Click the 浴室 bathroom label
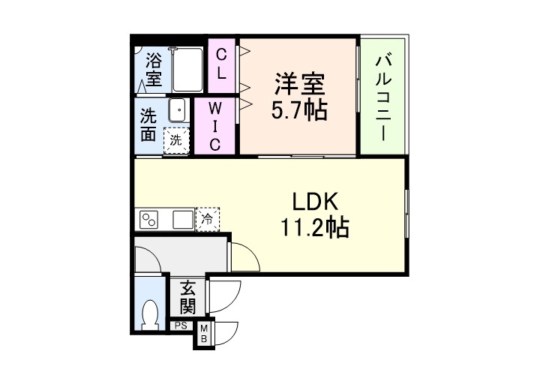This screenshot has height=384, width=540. [x=154, y=67]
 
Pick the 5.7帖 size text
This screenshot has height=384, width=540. [x=298, y=110]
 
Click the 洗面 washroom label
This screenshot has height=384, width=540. [x=148, y=125]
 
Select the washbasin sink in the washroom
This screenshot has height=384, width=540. [x=178, y=111]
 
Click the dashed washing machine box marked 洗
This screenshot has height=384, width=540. [x=177, y=139]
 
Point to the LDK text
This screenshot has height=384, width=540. [x=315, y=202]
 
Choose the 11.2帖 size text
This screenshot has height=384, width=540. [x=315, y=227]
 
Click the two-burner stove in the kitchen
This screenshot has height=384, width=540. [x=149, y=220]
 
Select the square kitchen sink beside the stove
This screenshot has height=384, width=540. [x=182, y=220]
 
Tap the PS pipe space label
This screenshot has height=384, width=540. [x=181, y=326]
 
